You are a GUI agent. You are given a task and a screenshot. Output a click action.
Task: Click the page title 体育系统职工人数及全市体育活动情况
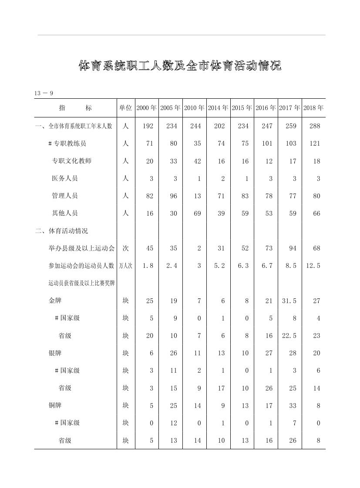180,66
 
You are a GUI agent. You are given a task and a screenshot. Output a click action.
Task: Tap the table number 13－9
44,93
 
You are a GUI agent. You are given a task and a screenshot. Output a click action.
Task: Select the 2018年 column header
314,108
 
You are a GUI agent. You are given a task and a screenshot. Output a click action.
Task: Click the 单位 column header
125,108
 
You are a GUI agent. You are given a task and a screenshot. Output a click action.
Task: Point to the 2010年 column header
195,108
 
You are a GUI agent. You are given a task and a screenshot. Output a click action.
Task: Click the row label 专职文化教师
71,161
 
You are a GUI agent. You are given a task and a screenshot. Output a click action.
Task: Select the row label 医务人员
64,178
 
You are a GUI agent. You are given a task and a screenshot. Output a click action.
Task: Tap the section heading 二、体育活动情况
61,231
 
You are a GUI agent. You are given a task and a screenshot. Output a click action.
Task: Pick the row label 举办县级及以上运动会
81,248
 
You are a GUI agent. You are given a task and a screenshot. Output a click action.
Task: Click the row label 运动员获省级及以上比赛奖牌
81,283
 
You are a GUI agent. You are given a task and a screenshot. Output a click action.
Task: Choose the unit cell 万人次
125,266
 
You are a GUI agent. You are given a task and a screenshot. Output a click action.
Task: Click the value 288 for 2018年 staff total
314,126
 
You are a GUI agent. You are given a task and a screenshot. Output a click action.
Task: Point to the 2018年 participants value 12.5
313,266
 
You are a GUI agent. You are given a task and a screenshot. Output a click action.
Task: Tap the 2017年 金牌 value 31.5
290,301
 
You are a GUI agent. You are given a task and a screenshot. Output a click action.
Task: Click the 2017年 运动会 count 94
293,248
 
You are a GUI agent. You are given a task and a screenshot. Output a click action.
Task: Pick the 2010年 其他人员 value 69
197,213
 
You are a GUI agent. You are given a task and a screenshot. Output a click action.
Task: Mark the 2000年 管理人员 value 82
150,196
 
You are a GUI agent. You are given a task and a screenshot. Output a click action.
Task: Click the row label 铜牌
55,405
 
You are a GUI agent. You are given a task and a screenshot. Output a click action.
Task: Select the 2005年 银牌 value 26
173,353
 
